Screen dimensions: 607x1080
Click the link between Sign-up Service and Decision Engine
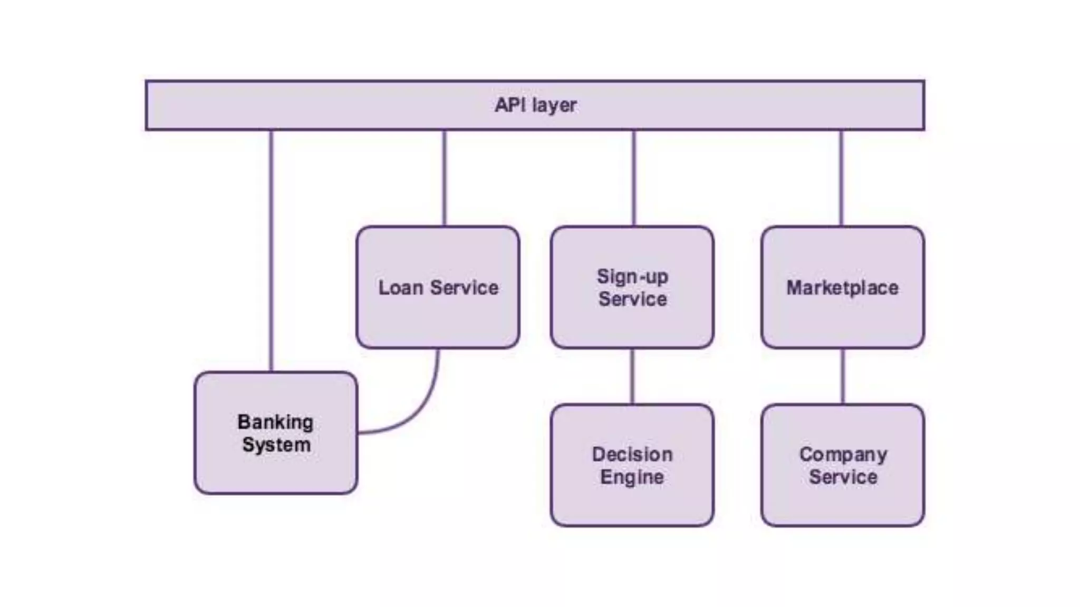[632, 376]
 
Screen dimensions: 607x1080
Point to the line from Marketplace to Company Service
[843, 376]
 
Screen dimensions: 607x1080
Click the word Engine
[632, 477]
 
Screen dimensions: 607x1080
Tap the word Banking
[275, 422]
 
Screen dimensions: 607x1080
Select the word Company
[843, 455]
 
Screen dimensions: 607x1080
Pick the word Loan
[401, 288]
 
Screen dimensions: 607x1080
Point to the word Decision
[632, 455]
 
